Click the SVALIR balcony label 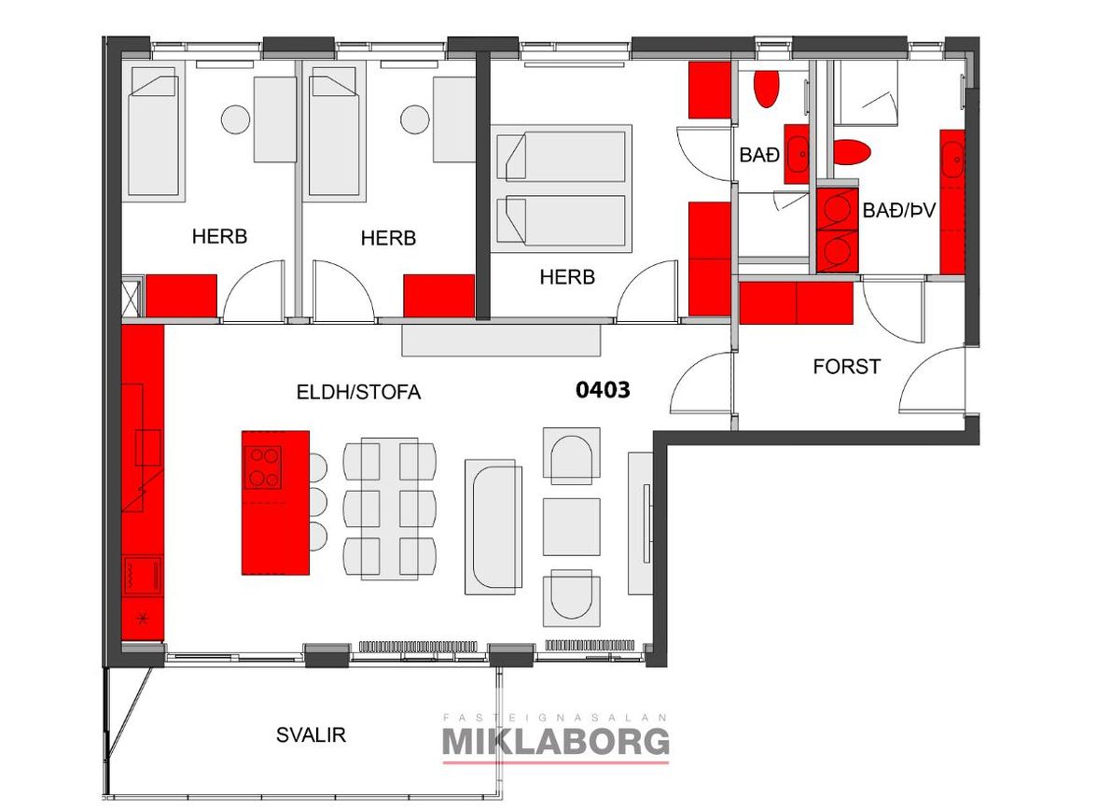tap(311, 734)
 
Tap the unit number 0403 tap(603, 389)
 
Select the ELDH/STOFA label tap(358, 392)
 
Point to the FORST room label tap(847, 367)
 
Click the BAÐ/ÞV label tap(898, 210)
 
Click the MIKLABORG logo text tap(556, 742)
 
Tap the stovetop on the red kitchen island tap(263, 467)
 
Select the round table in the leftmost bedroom tap(235, 119)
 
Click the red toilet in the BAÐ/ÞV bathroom tap(851, 152)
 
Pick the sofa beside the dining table tap(493, 527)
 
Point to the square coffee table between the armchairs tap(571, 527)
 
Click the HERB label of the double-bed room tap(567, 276)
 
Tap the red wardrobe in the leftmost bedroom tap(181, 296)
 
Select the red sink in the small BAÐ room tap(797, 154)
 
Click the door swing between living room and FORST tap(700, 383)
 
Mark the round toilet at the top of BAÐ tap(766, 87)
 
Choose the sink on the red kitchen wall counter tap(149, 447)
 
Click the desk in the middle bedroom tap(454, 119)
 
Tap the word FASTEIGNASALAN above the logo tap(556, 718)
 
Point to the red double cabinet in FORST tap(797, 303)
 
